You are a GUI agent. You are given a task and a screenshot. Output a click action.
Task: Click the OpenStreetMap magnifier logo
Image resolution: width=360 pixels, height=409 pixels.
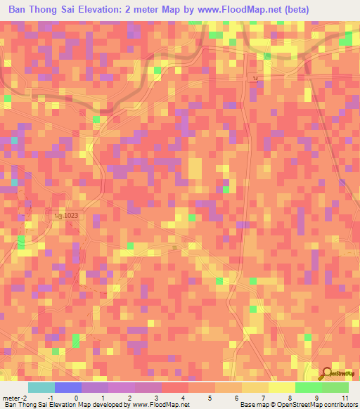pyautogui.click(x=328, y=374)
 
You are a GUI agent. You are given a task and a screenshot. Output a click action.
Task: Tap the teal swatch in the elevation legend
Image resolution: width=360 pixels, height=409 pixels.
pyautogui.click(x=41, y=387)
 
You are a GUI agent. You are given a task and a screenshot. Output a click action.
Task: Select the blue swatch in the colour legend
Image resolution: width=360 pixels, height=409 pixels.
pyautogui.click(x=68, y=387)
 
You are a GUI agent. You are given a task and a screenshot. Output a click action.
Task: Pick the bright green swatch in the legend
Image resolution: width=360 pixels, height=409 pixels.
pyautogui.click(x=308, y=387)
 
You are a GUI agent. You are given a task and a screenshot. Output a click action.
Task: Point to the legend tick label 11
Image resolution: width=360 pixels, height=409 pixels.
pyautogui.click(x=345, y=398)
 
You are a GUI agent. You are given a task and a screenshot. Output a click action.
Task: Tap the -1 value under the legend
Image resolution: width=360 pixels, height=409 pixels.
pyautogui.click(x=50, y=398)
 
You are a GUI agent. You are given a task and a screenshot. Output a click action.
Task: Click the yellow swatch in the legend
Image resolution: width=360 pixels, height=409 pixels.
pyautogui.click(x=281, y=387)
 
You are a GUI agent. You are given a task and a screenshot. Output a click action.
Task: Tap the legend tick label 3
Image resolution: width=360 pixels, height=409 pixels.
pyautogui.click(x=156, y=398)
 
